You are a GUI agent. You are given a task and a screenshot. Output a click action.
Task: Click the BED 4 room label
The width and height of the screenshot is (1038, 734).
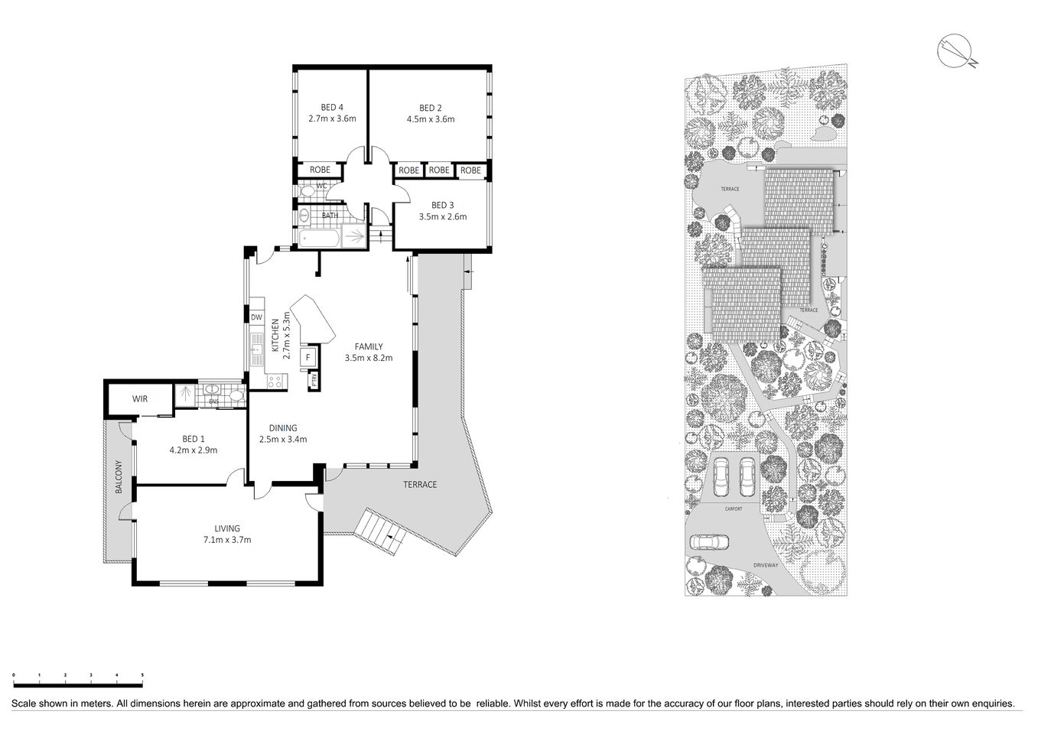click(x=332, y=107)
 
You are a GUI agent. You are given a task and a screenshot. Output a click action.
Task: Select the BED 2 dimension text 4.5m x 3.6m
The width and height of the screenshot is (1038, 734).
click(x=430, y=119)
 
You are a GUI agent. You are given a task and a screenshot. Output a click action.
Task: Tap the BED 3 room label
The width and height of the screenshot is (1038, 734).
click(x=442, y=205)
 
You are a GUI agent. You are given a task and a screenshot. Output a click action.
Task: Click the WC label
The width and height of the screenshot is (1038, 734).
click(x=322, y=186)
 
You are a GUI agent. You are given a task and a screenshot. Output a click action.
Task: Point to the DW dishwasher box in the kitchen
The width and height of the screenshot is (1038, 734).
click(x=256, y=317)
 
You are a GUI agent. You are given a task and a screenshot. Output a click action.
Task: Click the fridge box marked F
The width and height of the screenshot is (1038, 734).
click(x=308, y=357)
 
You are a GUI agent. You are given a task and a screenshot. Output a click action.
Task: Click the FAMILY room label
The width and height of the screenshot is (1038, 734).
click(x=368, y=346)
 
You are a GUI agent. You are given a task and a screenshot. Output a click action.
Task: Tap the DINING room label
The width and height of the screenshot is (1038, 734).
click(x=282, y=428)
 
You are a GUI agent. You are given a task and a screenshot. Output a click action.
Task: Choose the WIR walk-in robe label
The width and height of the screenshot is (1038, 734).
click(x=139, y=399)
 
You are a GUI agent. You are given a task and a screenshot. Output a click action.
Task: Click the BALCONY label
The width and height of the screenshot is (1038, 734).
click(x=119, y=476)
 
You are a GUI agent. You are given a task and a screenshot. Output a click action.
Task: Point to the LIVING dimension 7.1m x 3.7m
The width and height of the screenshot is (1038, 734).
click(x=227, y=540)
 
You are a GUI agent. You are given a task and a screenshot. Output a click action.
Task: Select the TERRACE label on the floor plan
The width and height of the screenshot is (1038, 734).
click(x=420, y=485)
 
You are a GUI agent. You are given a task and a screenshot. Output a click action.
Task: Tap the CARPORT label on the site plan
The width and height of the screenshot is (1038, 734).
click(x=733, y=508)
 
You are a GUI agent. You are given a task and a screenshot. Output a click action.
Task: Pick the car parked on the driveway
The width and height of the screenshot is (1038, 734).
click(x=710, y=542)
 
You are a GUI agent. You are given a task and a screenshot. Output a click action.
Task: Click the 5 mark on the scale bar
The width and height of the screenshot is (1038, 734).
click(x=142, y=675)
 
